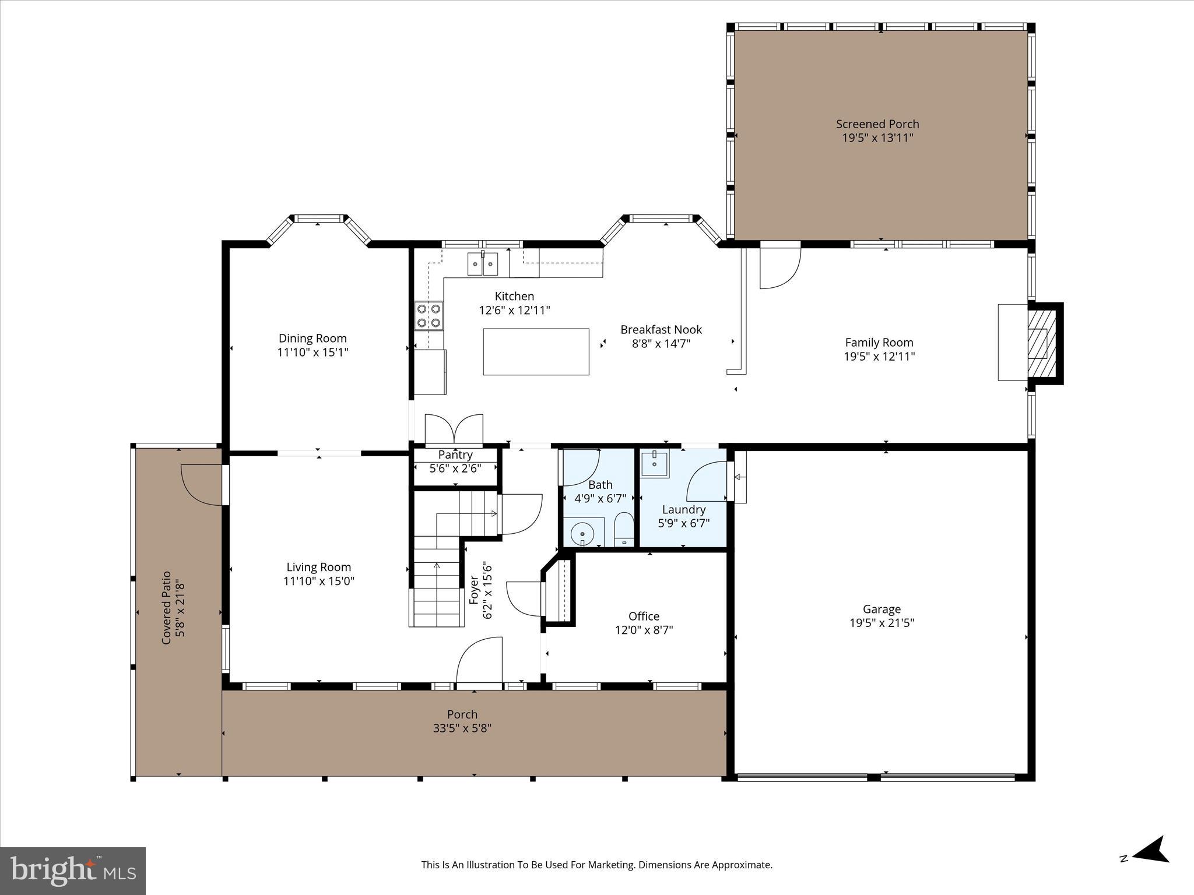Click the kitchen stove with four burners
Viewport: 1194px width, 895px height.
coord(429,316)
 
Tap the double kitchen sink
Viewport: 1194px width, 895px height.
coord(483,264)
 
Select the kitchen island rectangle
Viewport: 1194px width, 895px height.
coord(536,351)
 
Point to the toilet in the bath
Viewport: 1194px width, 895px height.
coord(624,529)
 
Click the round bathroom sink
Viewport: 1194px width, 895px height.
coord(582,533)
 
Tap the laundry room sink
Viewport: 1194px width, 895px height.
coord(655,464)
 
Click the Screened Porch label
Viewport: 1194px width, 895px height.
coord(877,124)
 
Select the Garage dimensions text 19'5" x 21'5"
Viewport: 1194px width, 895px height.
coord(882,623)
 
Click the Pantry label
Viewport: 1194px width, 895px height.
coord(455,454)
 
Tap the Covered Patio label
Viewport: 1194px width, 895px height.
coord(167,608)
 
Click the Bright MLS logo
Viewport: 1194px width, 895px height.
coord(73,871)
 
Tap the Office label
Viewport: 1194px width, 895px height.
coord(644,616)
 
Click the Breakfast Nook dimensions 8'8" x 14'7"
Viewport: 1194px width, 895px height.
coord(661,344)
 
